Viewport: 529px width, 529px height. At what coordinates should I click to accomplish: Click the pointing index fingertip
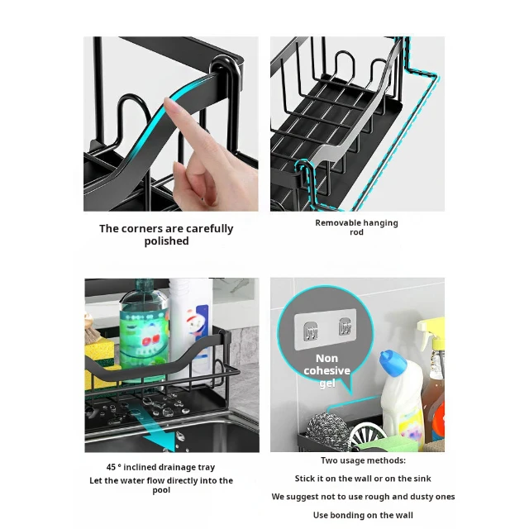[168, 103]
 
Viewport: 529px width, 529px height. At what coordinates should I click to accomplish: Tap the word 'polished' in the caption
[166, 241]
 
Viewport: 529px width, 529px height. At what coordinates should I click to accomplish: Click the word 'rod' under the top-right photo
[356, 233]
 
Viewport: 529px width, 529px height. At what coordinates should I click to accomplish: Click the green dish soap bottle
[144, 326]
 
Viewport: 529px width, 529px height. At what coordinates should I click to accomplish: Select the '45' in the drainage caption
[111, 468]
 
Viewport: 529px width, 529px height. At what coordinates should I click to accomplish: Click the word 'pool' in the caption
[161, 490]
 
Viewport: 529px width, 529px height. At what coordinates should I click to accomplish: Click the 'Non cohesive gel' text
[326, 371]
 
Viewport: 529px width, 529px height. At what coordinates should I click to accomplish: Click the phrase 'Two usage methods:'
[363, 460]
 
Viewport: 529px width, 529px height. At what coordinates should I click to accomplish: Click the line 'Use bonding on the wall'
[363, 515]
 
